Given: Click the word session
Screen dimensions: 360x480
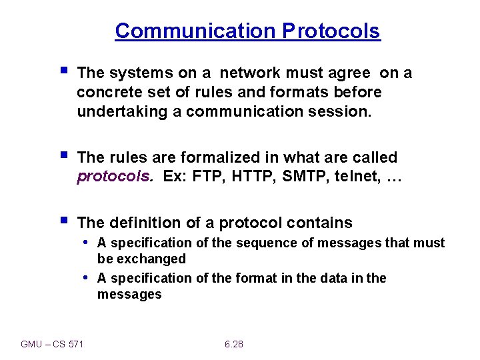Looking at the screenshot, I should [341, 111].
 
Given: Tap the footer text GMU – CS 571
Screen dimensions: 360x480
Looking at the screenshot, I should [52, 344].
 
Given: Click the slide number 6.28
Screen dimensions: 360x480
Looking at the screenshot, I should [234, 344].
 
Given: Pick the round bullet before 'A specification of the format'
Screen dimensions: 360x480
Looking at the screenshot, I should [87, 277].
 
